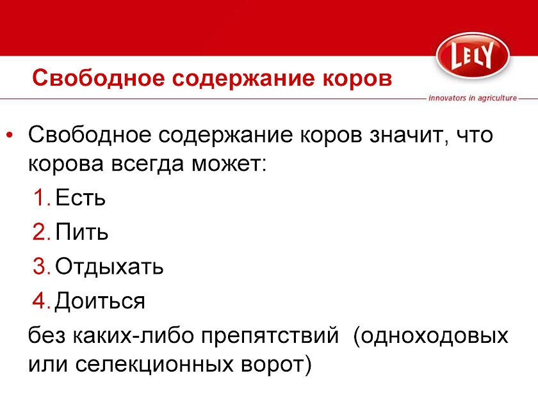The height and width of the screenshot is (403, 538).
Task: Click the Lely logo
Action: point(473,55)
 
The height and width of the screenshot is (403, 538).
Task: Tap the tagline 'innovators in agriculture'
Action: point(473,98)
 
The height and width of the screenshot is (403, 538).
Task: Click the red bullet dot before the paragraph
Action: point(10,135)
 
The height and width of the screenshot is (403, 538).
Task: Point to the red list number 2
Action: point(42,232)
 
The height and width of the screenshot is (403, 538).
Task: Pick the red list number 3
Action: point(42,266)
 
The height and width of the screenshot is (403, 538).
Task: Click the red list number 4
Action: point(42,301)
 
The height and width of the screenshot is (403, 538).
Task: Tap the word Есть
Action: point(80,198)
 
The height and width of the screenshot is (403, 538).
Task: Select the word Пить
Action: point(82,232)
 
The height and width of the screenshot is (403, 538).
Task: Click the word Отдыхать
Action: point(109,267)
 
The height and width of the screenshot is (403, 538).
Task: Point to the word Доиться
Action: point(100,301)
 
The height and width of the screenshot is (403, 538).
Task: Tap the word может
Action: point(229,164)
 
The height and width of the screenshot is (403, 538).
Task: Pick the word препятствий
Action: point(270,335)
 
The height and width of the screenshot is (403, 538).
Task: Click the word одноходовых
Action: point(430,335)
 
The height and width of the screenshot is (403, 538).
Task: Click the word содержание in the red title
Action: point(243,78)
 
